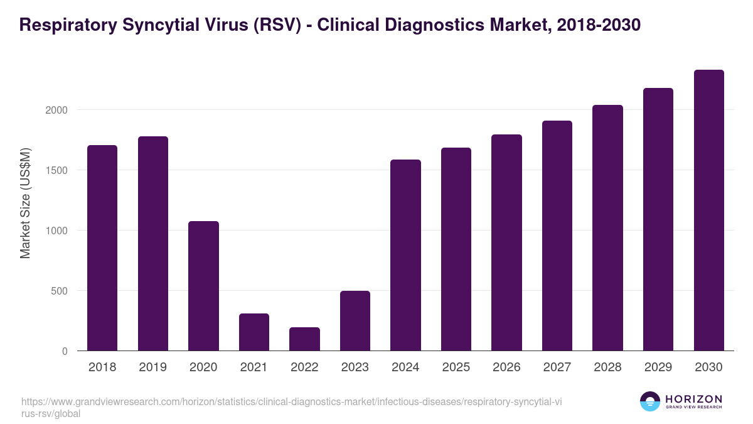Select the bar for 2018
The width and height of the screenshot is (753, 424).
point(102,248)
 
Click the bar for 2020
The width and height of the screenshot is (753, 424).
point(203,286)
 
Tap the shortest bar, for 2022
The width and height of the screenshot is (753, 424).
point(304,339)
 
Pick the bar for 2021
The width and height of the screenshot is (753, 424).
point(254,332)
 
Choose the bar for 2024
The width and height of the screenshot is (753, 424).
point(405,255)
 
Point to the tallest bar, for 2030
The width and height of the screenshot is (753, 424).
point(708,210)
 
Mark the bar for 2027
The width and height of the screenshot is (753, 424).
point(557,236)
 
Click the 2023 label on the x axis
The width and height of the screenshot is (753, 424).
point(355,367)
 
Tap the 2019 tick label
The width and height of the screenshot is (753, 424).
point(152,367)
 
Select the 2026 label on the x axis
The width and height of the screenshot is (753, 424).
point(506,367)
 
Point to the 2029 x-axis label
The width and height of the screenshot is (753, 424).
point(658,367)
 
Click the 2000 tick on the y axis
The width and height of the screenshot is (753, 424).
point(56,110)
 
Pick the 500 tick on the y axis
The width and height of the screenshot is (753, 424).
point(59,291)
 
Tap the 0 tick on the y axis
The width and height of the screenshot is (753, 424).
point(65,351)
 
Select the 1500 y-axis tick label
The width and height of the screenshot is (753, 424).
point(56,170)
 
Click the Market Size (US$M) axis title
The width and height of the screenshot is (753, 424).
point(25,203)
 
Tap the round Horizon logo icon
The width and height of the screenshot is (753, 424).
point(649,402)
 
